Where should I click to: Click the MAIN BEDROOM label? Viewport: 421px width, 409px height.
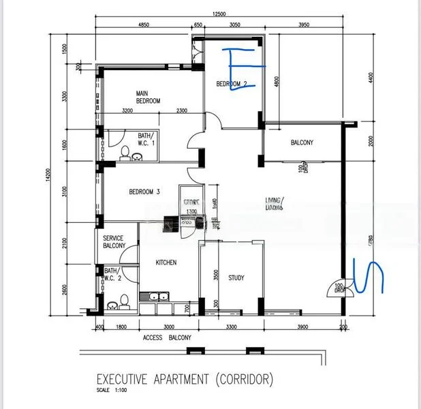(x=147, y=97)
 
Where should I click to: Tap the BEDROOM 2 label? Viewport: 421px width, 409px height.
(x=232, y=84)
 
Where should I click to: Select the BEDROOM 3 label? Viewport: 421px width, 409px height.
(x=144, y=192)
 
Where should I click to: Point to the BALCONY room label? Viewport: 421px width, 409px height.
(x=302, y=142)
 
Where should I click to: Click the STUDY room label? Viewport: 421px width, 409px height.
(x=236, y=277)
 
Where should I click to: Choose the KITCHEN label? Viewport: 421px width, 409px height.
(x=166, y=262)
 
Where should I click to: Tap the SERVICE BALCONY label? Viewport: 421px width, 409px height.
(x=114, y=242)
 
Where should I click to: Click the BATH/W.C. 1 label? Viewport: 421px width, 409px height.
(x=146, y=139)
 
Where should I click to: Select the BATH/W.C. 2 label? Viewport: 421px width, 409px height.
(x=114, y=275)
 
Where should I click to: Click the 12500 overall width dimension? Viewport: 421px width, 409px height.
(x=218, y=14)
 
